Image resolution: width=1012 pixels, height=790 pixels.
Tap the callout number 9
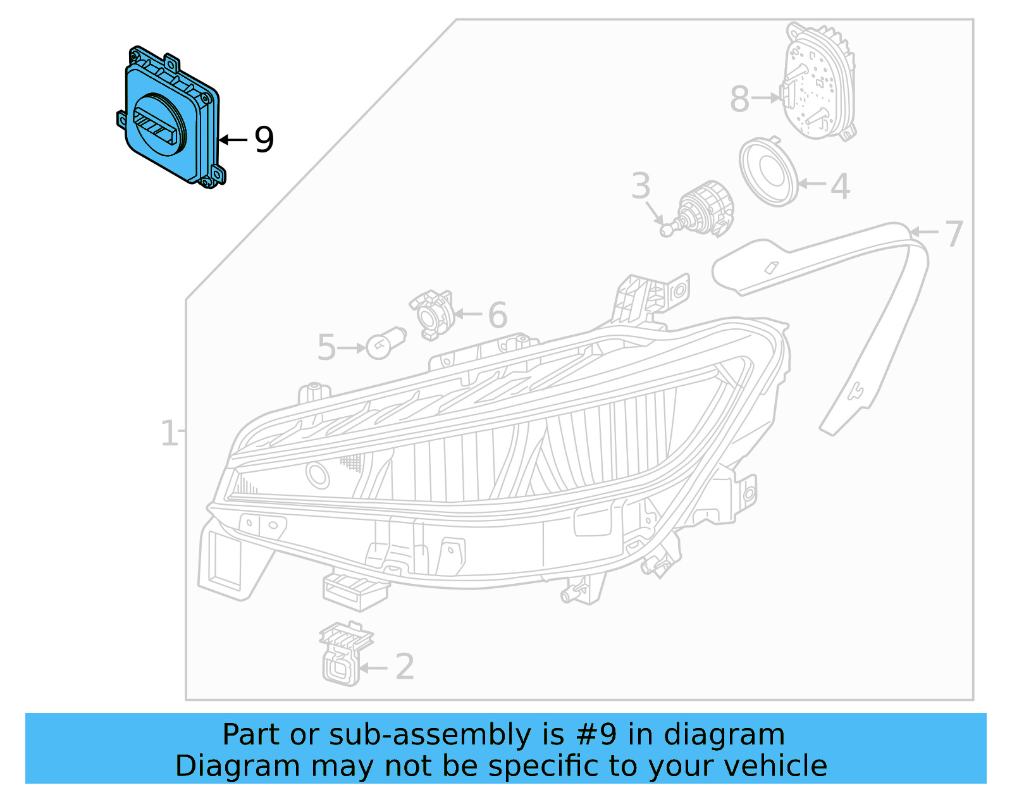pyautogui.click(x=264, y=140)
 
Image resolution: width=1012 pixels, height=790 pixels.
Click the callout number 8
pyautogui.click(x=739, y=99)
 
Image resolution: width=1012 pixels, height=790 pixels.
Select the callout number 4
pyautogui.click(x=840, y=187)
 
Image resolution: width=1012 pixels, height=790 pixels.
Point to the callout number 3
pyautogui.click(x=641, y=186)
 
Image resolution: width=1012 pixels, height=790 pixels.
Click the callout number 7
pyautogui.click(x=954, y=234)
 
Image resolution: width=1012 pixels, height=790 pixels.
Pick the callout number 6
pyautogui.click(x=498, y=315)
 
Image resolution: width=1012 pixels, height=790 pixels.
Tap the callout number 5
pyautogui.click(x=326, y=348)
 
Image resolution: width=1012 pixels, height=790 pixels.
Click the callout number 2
pyautogui.click(x=405, y=667)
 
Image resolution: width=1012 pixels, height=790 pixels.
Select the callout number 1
pyautogui.click(x=168, y=434)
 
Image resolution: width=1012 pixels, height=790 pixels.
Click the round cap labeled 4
pyautogui.click(x=768, y=172)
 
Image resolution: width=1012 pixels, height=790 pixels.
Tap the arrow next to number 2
pyautogui.click(x=374, y=667)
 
